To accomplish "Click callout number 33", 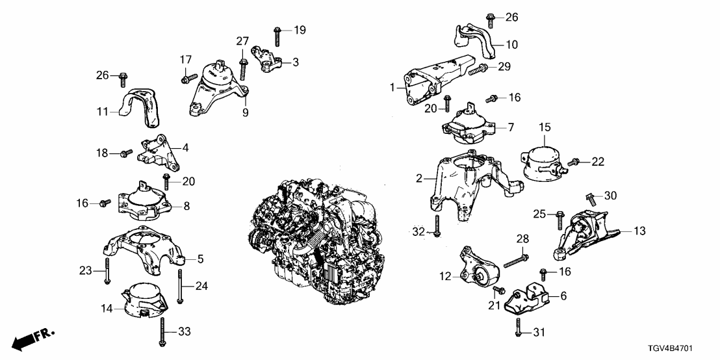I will pyautogui.click(x=184, y=333).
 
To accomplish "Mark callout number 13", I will pyautogui.click(x=640, y=231).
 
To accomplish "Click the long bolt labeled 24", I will pyautogui.click(x=179, y=287).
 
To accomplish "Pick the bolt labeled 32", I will pyautogui.click(x=437, y=224).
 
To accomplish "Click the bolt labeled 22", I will pyautogui.click(x=574, y=161).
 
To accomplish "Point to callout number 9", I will pyautogui.click(x=246, y=112).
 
